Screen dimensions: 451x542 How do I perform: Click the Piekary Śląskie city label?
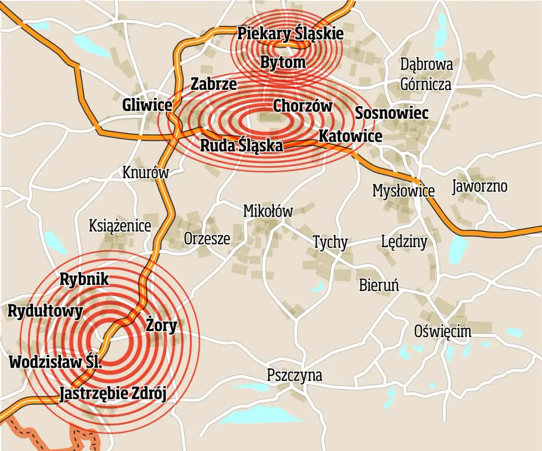pyautogui.click(x=290, y=34)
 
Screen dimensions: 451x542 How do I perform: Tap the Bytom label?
pyautogui.click(x=283, y=63)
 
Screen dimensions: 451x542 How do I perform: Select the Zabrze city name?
pyautogui.click(x=213, y=84)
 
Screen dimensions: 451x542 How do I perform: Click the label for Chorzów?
pyautogui.click(x=302, y=106)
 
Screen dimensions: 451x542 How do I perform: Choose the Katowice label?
pyautogui.click(x=350, y=136)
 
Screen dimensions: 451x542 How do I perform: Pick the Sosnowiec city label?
pyautogui.click(x=391, y=113)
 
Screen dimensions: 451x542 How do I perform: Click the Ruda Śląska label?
pyautogui.click(x=241, y=145)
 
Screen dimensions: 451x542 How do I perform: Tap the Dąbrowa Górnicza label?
pyautogui.click(x=426, y=74)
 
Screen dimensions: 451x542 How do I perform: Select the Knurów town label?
pyautogui.click(x=146, y=173)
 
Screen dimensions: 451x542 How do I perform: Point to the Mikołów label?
pyautogui.click(x=267, y=211)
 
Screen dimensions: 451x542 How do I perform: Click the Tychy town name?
pyautogui.click(x=330, y=242)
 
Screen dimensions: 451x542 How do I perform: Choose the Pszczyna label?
pyautogui.click(x=295, y=375)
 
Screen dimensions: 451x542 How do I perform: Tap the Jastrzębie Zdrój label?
pyautogui.click(x=112, y=394)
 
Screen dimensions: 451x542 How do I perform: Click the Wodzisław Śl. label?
pyautogui.click(x=56, y=362)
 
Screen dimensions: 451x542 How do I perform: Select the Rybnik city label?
pyautogui.click(x=84, y=279)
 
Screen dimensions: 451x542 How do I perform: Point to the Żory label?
pyautogui.click(x=161, y=326)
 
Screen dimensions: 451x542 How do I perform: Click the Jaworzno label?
pyautogui.click(x=479, y=187)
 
